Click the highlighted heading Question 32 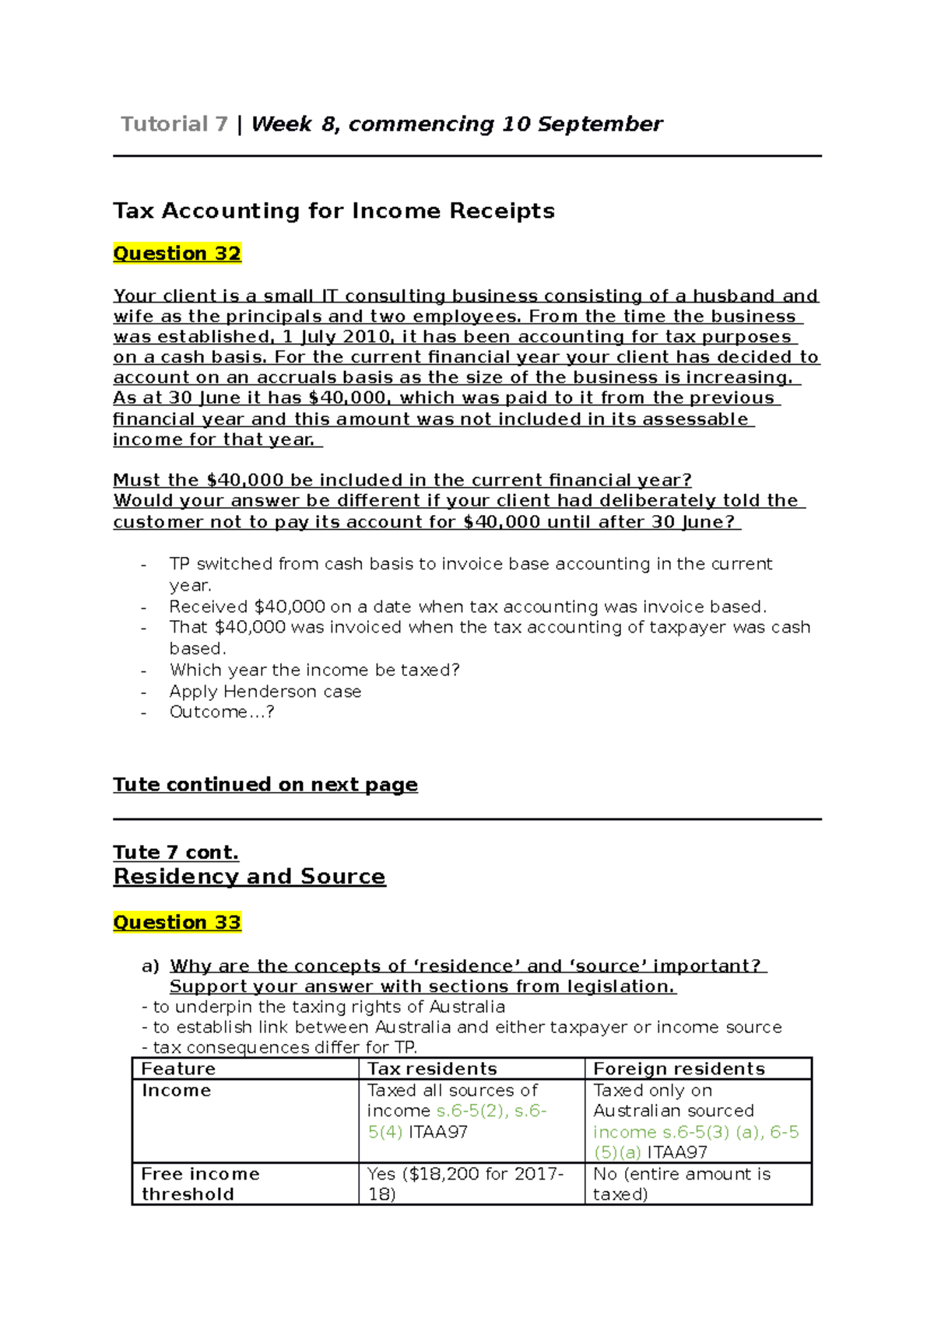[177, 254]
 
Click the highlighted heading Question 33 [177, 923]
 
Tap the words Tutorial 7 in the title [174, 124]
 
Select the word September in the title [599, 124]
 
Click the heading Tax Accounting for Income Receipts [333, 211]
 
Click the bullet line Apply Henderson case [265, 692]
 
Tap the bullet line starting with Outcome [221, 713]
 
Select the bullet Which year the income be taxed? [314, 671]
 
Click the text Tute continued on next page [265, 785]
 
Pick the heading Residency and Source [249, 877]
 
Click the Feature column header [178, 1069]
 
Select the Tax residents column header [432, 1069]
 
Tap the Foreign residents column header [679, 1069]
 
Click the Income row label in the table [176, 1091]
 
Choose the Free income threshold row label [200, 1184]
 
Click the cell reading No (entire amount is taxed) [681, 1184]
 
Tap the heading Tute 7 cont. [176, 853]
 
